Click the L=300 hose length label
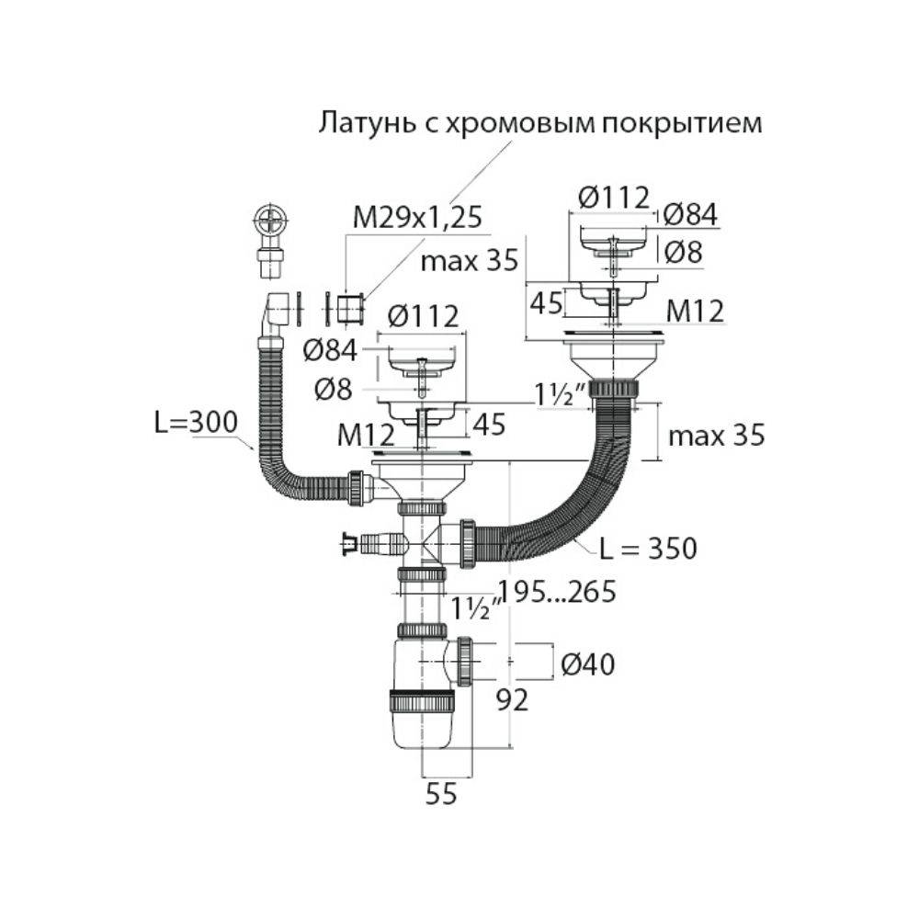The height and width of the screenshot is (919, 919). coord(195,422)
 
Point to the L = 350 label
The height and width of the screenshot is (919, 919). coord(648,549)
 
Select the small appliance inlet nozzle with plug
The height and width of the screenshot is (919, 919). coord(368,544)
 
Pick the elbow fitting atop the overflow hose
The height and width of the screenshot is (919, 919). coord(277,312)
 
